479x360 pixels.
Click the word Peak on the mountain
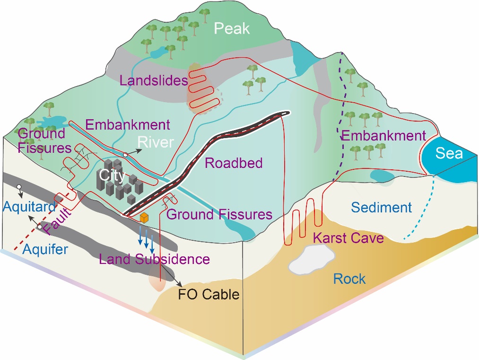pos(231,29)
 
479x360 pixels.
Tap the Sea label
pos(449,154)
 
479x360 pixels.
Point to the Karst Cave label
pos(348,237)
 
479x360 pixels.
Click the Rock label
pos(349,279)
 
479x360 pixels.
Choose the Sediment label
pos(382,207)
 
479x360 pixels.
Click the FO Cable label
pos(209,294)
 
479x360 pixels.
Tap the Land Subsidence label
pos(154,259)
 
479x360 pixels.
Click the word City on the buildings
pos(112,176)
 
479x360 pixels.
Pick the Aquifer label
pos(47,249)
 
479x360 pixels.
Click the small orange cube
pos(145,218)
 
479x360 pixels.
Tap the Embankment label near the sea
pos(383,136)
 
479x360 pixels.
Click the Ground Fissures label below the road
pos(219,214)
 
